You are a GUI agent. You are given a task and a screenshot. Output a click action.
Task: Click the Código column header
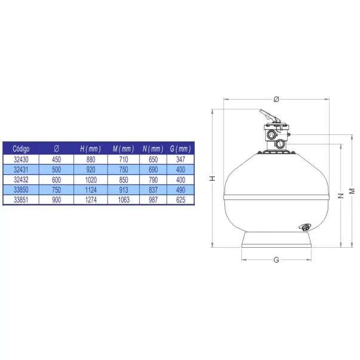(x=21, y=149)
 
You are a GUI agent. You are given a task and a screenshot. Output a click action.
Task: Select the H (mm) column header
(x=91, y=149)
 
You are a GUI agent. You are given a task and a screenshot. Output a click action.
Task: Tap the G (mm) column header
(x=180, y=149)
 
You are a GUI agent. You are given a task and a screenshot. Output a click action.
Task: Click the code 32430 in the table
(x=21, y=159)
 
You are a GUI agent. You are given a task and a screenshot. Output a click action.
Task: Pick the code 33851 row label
(x=21, y=200)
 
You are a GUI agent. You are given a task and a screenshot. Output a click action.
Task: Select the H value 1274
(x=91, y=200)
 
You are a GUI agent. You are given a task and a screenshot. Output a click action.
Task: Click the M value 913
(x=124, y=190)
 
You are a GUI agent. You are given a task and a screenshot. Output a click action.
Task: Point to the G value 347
(x=181, y=159)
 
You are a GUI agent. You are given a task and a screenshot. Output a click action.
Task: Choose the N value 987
(x=153, y=200)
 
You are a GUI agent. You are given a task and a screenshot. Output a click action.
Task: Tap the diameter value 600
(x=57, y=180)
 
